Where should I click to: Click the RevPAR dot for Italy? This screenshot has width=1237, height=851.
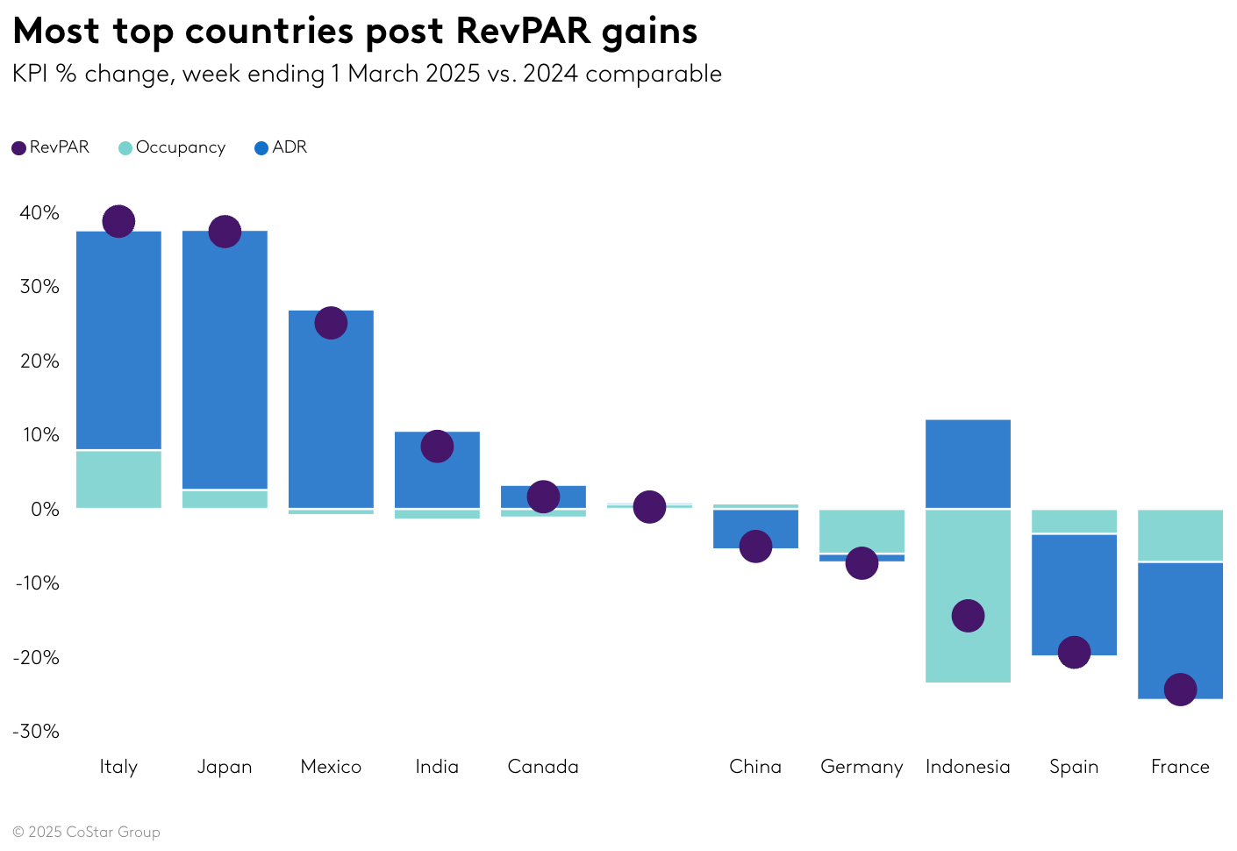point(118,221)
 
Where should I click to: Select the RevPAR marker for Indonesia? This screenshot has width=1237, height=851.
point(968,616)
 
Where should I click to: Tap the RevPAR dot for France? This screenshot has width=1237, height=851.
point(1180,689)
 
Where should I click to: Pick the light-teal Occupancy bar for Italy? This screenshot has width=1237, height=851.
point(118,479)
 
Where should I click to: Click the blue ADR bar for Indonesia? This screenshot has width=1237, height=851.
point(968,463)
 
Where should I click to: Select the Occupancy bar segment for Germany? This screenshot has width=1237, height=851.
point(862,531)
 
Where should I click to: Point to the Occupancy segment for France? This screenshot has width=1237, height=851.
point(1180,535)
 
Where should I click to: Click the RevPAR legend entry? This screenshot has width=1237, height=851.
point(51,147)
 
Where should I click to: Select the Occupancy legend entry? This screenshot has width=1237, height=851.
point(172,147)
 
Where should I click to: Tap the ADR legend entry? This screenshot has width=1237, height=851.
point(281,147)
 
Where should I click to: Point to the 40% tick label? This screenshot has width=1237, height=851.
point(39,213)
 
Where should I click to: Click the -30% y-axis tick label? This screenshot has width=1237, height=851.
point(36,731)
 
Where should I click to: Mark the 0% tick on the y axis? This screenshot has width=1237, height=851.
point(45,509)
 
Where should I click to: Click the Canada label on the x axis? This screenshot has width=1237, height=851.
point(543,767)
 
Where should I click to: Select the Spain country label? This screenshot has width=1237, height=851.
point(1074,767)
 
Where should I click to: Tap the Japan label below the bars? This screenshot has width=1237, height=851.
point(225,767)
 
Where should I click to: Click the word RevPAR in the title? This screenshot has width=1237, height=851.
point(523,32)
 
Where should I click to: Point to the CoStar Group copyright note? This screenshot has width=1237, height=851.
point(86,832)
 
